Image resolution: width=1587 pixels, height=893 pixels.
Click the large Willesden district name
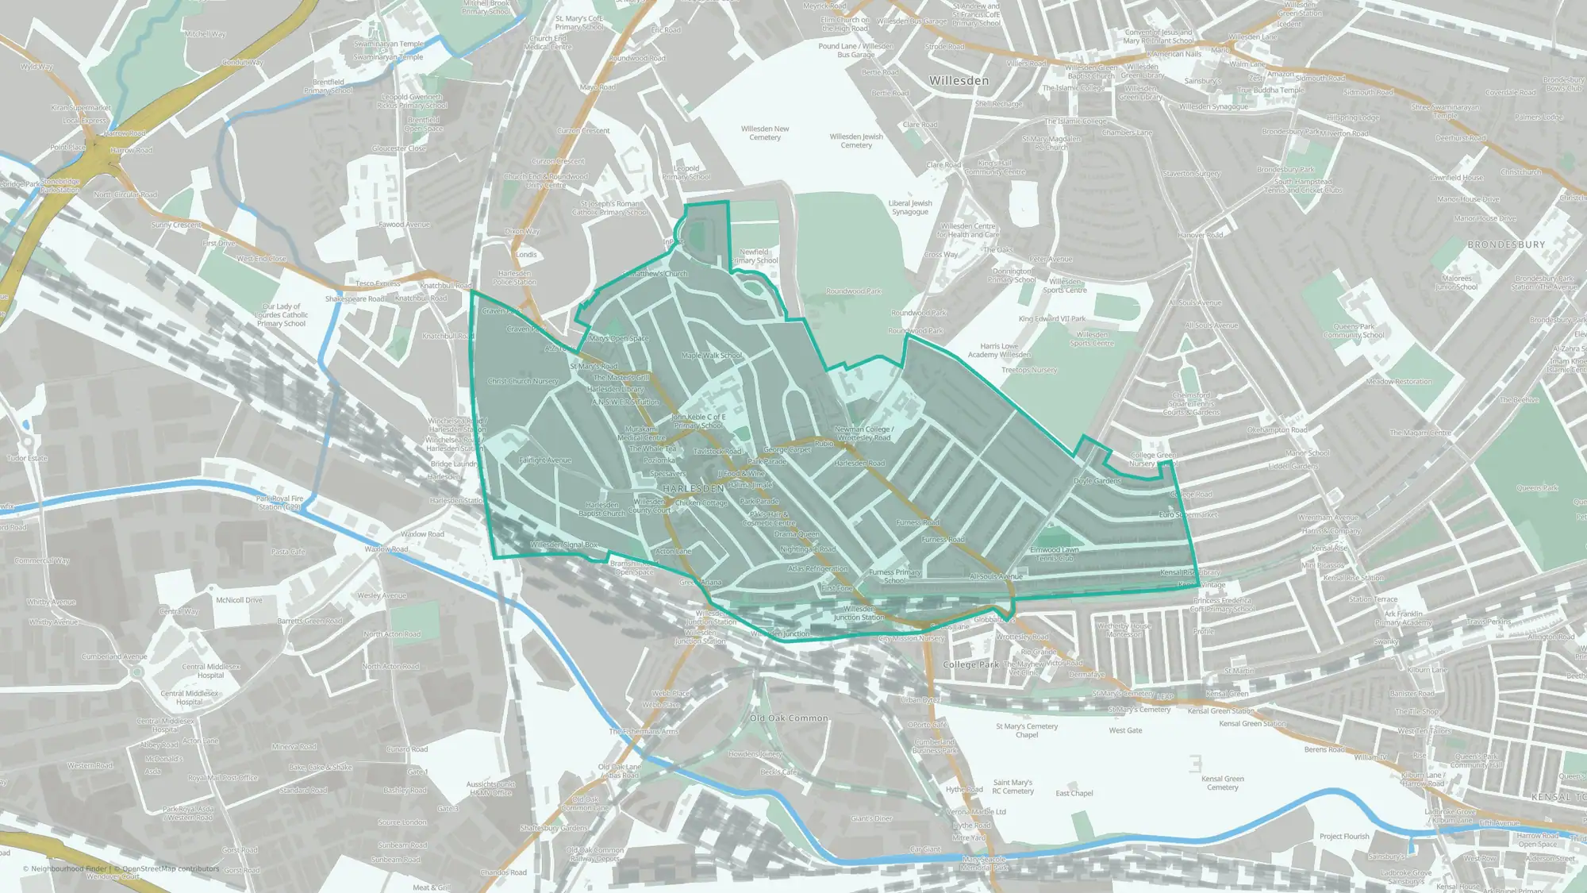pyautogui.click(x=959, y=81)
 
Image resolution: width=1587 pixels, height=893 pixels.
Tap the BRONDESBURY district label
pyautogui.click(x=1506, y=244)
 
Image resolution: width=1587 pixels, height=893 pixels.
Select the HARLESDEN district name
pyautogui.click(x=694, y=489)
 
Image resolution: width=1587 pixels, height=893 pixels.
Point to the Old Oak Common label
pyautogui.click(x=789, y=718)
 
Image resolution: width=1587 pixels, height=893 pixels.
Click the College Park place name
pyautogui.click(x=970, y=664)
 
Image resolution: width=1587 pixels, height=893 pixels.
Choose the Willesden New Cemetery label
pyautogui.click(x=765, y=133)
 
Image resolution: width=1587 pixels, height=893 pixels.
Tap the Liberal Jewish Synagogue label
pyautogui.click(x=910, y=207)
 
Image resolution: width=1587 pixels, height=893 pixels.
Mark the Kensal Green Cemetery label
pyautogui.click(x=1222, y=783)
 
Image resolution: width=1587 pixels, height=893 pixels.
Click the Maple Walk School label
pyautogui.click(x=711, y=356)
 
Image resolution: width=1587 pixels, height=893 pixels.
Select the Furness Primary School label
pyautogui.click(x=894, y=575)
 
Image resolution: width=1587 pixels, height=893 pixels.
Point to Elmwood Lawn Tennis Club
pyautogui.click(x=1054, y=553)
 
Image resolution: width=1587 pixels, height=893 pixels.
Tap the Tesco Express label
pyautogui.click(x=378, y=283)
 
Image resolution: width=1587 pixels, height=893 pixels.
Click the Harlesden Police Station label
pyautogui.click(x=514, y=277)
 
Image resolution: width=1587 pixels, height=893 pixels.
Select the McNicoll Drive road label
pyautogui.click(x=239, y=600)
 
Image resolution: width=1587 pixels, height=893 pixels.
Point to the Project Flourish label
pyautogui.click(x=1344, y=836)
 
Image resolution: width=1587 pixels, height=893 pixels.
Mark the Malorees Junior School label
pyautogui.click(x=1456, y=283)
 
